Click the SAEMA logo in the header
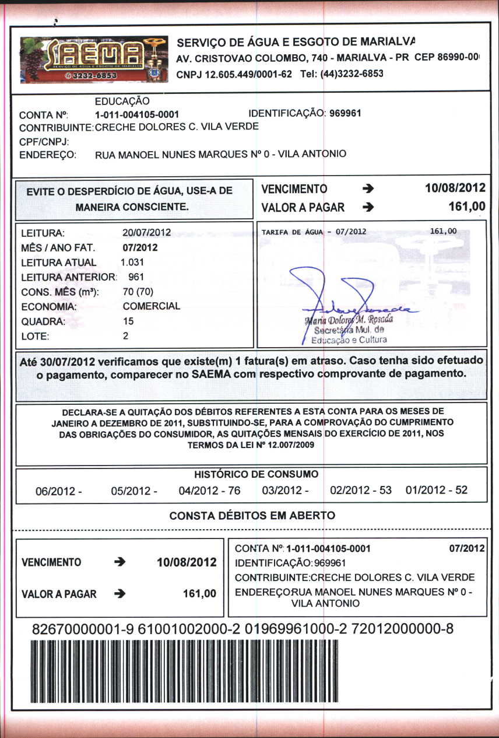pyautogui.click(x=93, y=59)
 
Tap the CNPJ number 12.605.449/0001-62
pyautogui.click(x=234, y=74)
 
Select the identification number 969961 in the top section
pyautogui.click(x=345, y=113)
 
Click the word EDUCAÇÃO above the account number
pyautogui.click(x=122, y=102)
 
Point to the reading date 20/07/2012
pyautogui.click(x=147, y=232)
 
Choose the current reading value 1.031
pyautogui.click(x=132, y=262)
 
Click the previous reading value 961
pyautogui.click(x=136, y=277)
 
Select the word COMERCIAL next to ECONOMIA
pyautogui.click(x=152, y=306)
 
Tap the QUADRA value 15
pyautogui.click(x=128, y=321)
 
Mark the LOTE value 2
pyautogui.click(x=125, y=336)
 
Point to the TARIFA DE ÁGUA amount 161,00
pyautogui.click(x=443, y=231)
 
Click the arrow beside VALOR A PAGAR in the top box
pyautogui.click(x=367, y=207)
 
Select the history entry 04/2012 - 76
pyautogui.click(x=209, y=491)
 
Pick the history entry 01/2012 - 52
pyautogui.click(x=436, y=490)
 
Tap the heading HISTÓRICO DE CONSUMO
pyautogui.click(x=256, y=474)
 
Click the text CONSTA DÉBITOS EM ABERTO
pyautogui.click(x=252, y=516)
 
